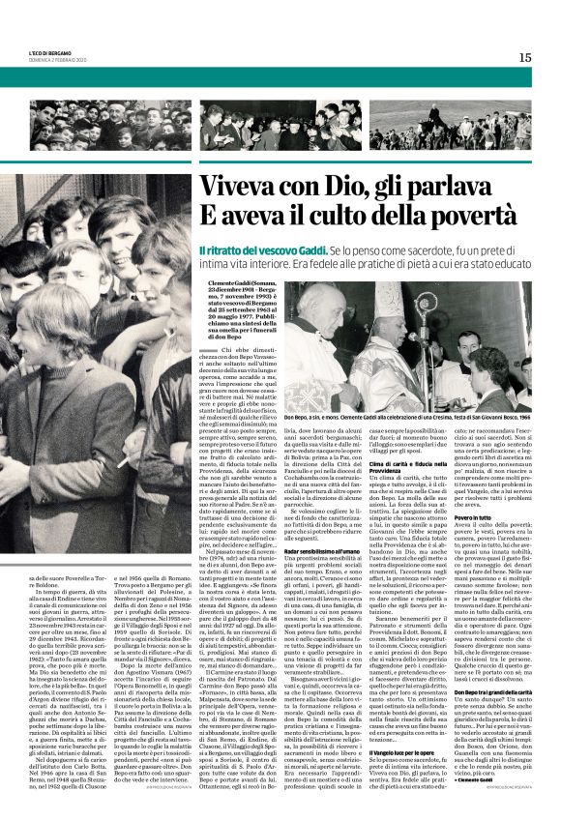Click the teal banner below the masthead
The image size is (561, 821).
[280, 77]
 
